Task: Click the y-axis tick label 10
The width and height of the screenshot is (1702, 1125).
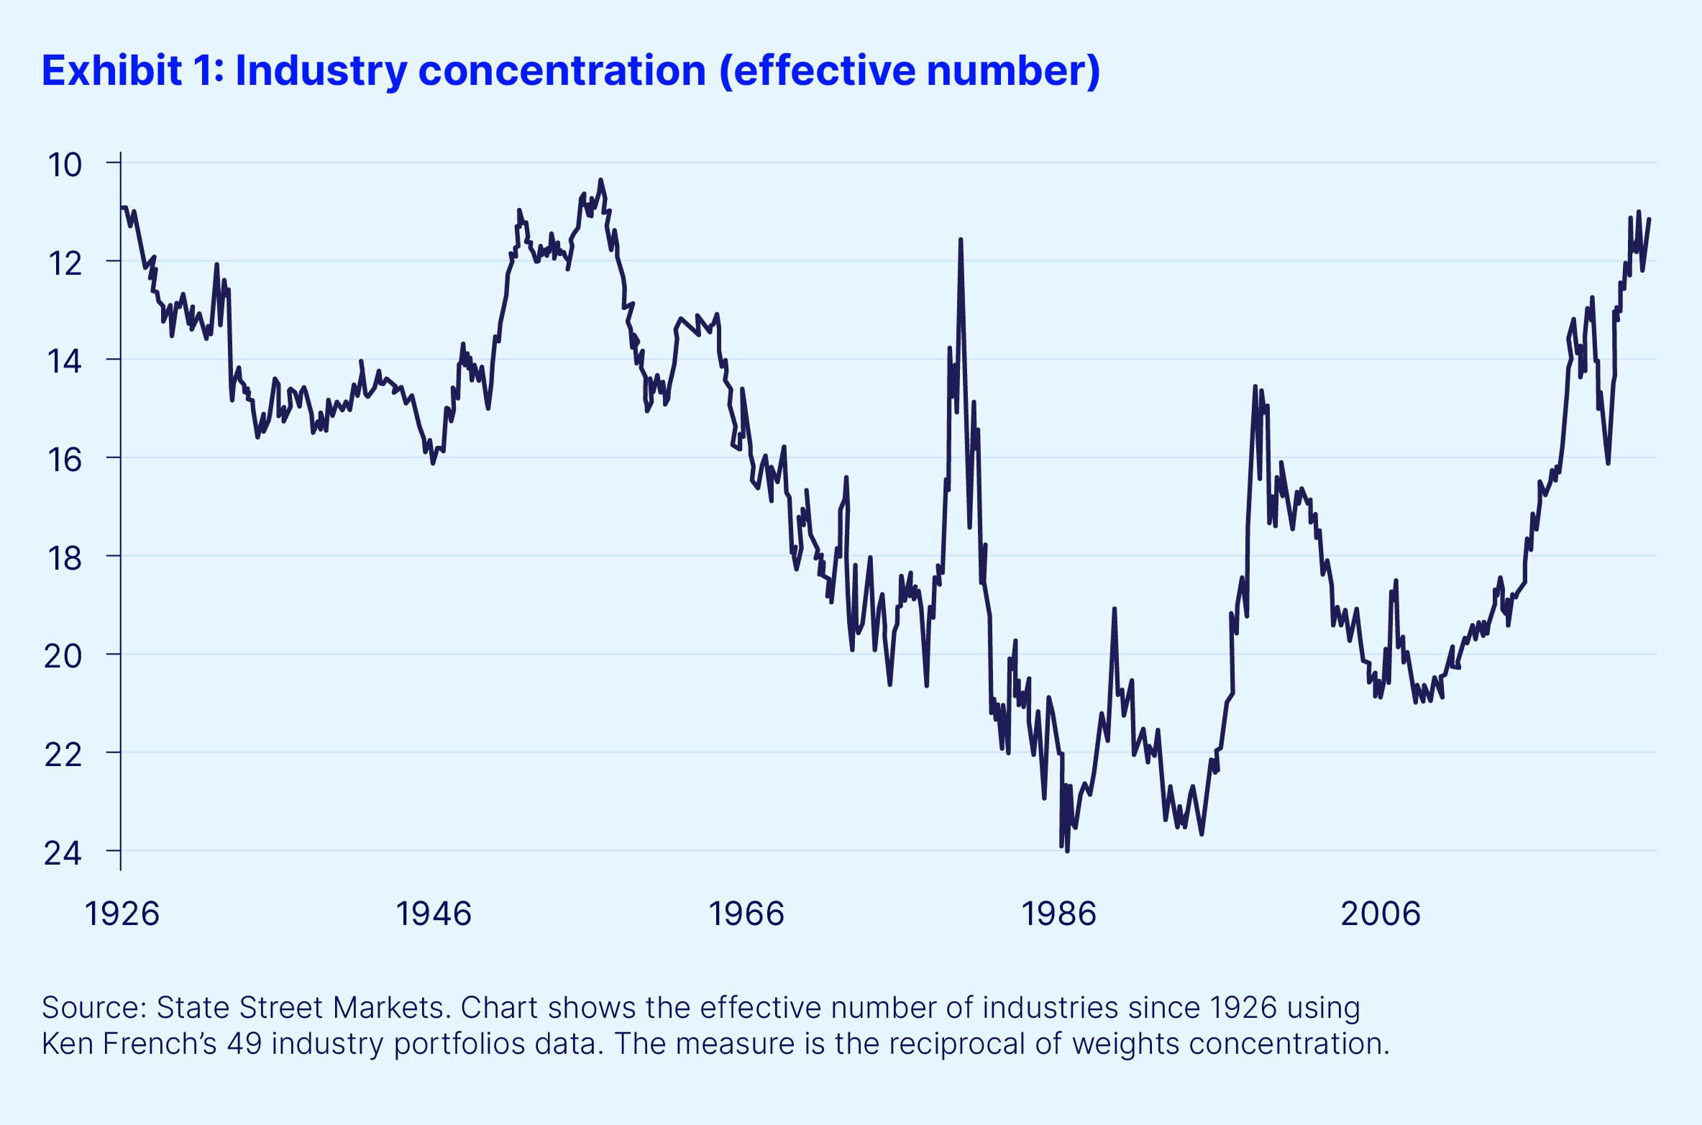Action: [65, 165]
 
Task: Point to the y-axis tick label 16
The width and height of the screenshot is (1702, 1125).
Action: [65, 460]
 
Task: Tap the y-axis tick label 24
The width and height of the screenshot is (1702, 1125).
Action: [63, 853]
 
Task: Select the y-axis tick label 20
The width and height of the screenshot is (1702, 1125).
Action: [63, 656]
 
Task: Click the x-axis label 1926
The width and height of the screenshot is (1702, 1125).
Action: [122, 914]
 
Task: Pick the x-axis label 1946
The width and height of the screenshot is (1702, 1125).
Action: [434, 914]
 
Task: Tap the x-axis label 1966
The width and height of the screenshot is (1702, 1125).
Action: [746, 914]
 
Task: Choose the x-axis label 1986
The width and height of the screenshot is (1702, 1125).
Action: [1058, 914]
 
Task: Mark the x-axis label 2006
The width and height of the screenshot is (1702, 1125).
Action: [1381, 914]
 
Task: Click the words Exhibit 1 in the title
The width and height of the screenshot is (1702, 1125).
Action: [133, 70]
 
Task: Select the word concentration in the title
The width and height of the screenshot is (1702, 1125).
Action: [562, 70]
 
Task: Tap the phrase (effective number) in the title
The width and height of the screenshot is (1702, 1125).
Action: [910, 70]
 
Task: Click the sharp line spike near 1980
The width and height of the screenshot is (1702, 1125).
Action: [961, 241]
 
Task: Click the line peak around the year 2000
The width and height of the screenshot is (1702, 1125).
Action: [1255, 388]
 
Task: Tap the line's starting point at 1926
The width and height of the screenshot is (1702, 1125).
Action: [123, 208]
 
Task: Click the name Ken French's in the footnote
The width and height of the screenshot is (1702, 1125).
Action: [129, 1044]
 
